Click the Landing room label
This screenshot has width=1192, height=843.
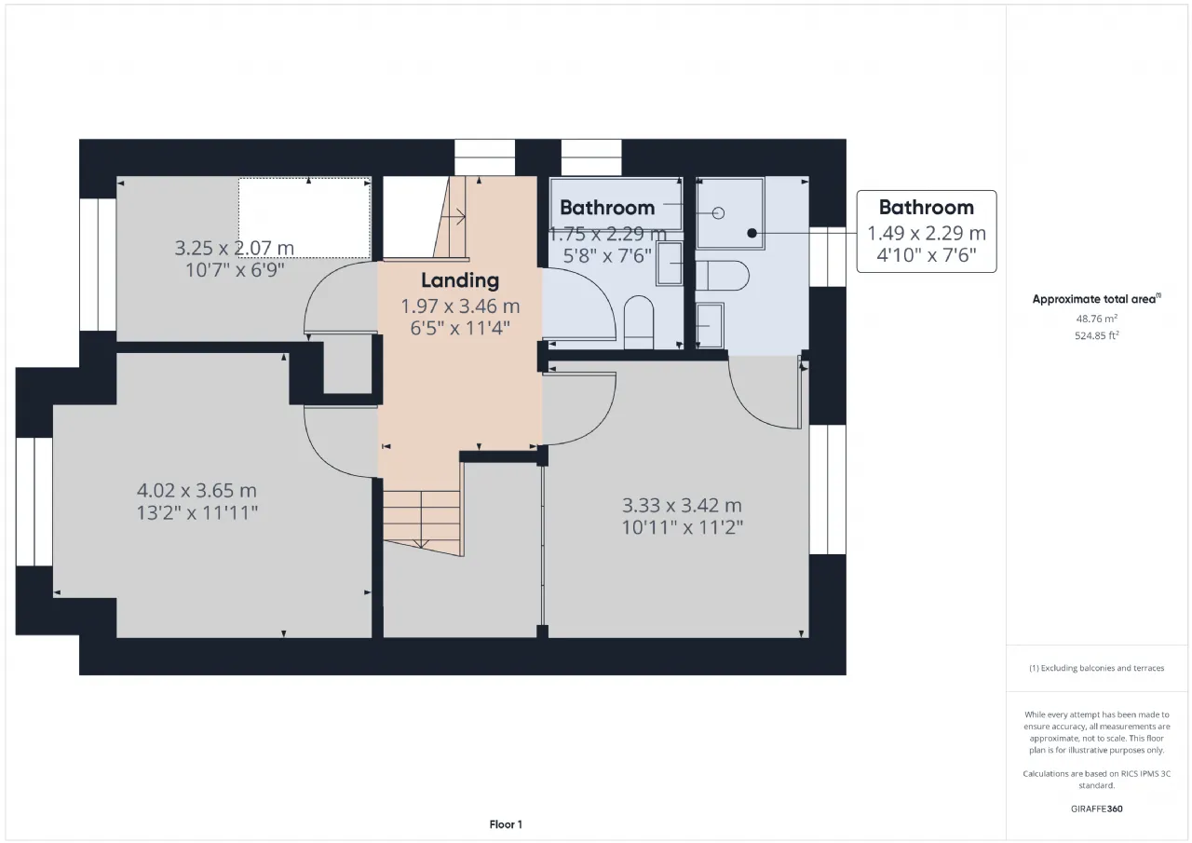pos(460,280)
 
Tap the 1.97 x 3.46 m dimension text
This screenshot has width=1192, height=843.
pos(460,306)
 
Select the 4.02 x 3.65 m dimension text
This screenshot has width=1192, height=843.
pos(196,490)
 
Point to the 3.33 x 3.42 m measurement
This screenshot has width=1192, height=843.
pos(682,505)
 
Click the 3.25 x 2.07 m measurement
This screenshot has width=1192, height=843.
pos(234,248)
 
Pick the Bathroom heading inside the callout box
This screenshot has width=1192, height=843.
pos(926,208)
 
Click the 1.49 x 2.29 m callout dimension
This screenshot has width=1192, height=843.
pos(927,233)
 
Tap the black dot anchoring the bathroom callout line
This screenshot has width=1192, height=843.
pos(752,233)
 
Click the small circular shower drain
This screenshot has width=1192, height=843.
pos(718,213)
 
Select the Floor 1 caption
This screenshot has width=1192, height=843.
pos(506,824)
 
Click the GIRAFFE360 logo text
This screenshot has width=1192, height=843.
pos(1096,809)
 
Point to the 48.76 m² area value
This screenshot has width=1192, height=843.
pos(1096,319)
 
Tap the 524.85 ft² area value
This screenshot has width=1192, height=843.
pos(1096,335)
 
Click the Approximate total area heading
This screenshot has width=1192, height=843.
pos(1096,299)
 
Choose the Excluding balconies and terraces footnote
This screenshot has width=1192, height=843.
pos(1096,668)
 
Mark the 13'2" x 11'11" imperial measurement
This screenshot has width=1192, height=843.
pos(196,513)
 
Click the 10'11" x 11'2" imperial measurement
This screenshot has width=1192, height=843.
pos(683,528)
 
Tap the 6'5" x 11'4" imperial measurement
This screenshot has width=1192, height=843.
pos(460,329)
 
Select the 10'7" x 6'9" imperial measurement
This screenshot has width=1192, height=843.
pos(235,270)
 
